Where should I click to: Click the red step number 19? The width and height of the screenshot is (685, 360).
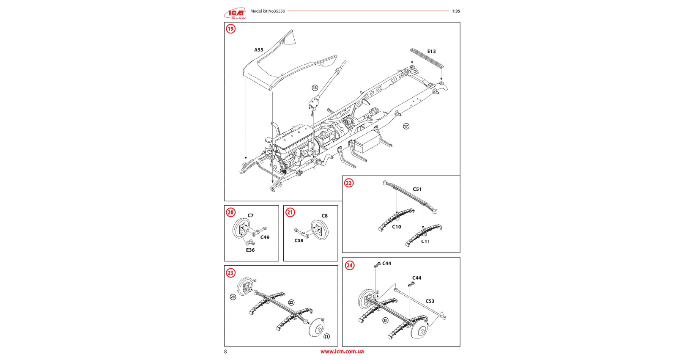click(x=230, y=29)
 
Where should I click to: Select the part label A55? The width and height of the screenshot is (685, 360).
click(x=259, y=50)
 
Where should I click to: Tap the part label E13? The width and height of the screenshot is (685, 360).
click(x=431, y=52)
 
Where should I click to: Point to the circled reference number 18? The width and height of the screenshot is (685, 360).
click(x=315, y=88)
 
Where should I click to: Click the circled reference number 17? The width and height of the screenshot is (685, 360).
click(x=406, y=126)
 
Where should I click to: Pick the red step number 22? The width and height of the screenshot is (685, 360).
click(x=349, y=183)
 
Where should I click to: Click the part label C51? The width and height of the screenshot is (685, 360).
click(x=417, y=190)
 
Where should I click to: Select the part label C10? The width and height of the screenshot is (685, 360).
click(x=397, y=227)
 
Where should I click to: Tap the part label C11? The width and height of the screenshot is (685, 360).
click(x=425, y=242)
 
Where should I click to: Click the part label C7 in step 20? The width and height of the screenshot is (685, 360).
click(x=251, y=216)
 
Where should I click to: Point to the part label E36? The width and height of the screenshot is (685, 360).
click(x=250, y=250)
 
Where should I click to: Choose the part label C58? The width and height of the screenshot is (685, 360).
click(x=299, y=241)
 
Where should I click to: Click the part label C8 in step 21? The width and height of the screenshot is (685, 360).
click(x=325, y=216)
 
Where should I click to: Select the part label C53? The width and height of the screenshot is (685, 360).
click(x=430, y=301)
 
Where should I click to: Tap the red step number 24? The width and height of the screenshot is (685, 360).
click(x=350, y=266)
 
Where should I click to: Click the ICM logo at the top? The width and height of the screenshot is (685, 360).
click(x=236, y=14)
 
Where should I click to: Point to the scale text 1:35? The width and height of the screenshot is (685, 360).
click(x=456, y=11)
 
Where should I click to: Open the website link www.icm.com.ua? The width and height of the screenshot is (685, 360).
click(x=342, y=352)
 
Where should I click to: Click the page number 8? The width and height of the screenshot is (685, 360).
click(x=225, y=352)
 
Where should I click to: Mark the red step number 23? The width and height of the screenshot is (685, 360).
click(x=230, y=273)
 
